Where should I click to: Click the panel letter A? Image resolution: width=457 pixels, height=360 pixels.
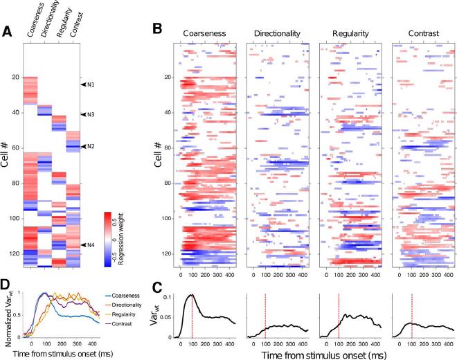tap(6, 31)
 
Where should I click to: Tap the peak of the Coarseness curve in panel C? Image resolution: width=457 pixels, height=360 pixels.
tap(192, 296)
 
